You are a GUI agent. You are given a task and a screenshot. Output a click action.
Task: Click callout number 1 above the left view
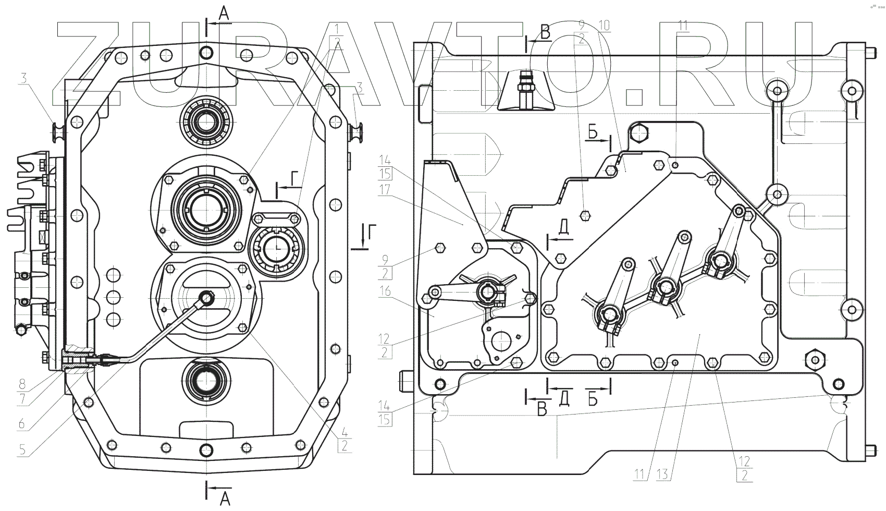pyautogui.click(x=338, y=28)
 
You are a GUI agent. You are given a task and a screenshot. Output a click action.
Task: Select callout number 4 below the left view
pyautogui.click(x=344, y=431)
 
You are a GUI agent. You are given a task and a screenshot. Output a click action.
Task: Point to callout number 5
pyautogui.click(x=22, y=449)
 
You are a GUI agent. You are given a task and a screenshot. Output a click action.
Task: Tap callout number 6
pyautogui.click(x=22, y=423)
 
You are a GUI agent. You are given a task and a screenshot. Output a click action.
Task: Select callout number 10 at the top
pyautogui.click(x=605, y=25)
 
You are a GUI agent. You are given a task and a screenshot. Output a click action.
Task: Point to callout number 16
pyautogui.click(x=385, y=292)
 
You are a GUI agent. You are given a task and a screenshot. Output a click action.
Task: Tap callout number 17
pyautogui.click(x=385, y=190)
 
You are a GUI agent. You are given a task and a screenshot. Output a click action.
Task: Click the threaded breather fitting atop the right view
pyautogui.click(x=524, y=86)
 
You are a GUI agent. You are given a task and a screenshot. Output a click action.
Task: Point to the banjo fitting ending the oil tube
pyautogui.click(x=207, y=298)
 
